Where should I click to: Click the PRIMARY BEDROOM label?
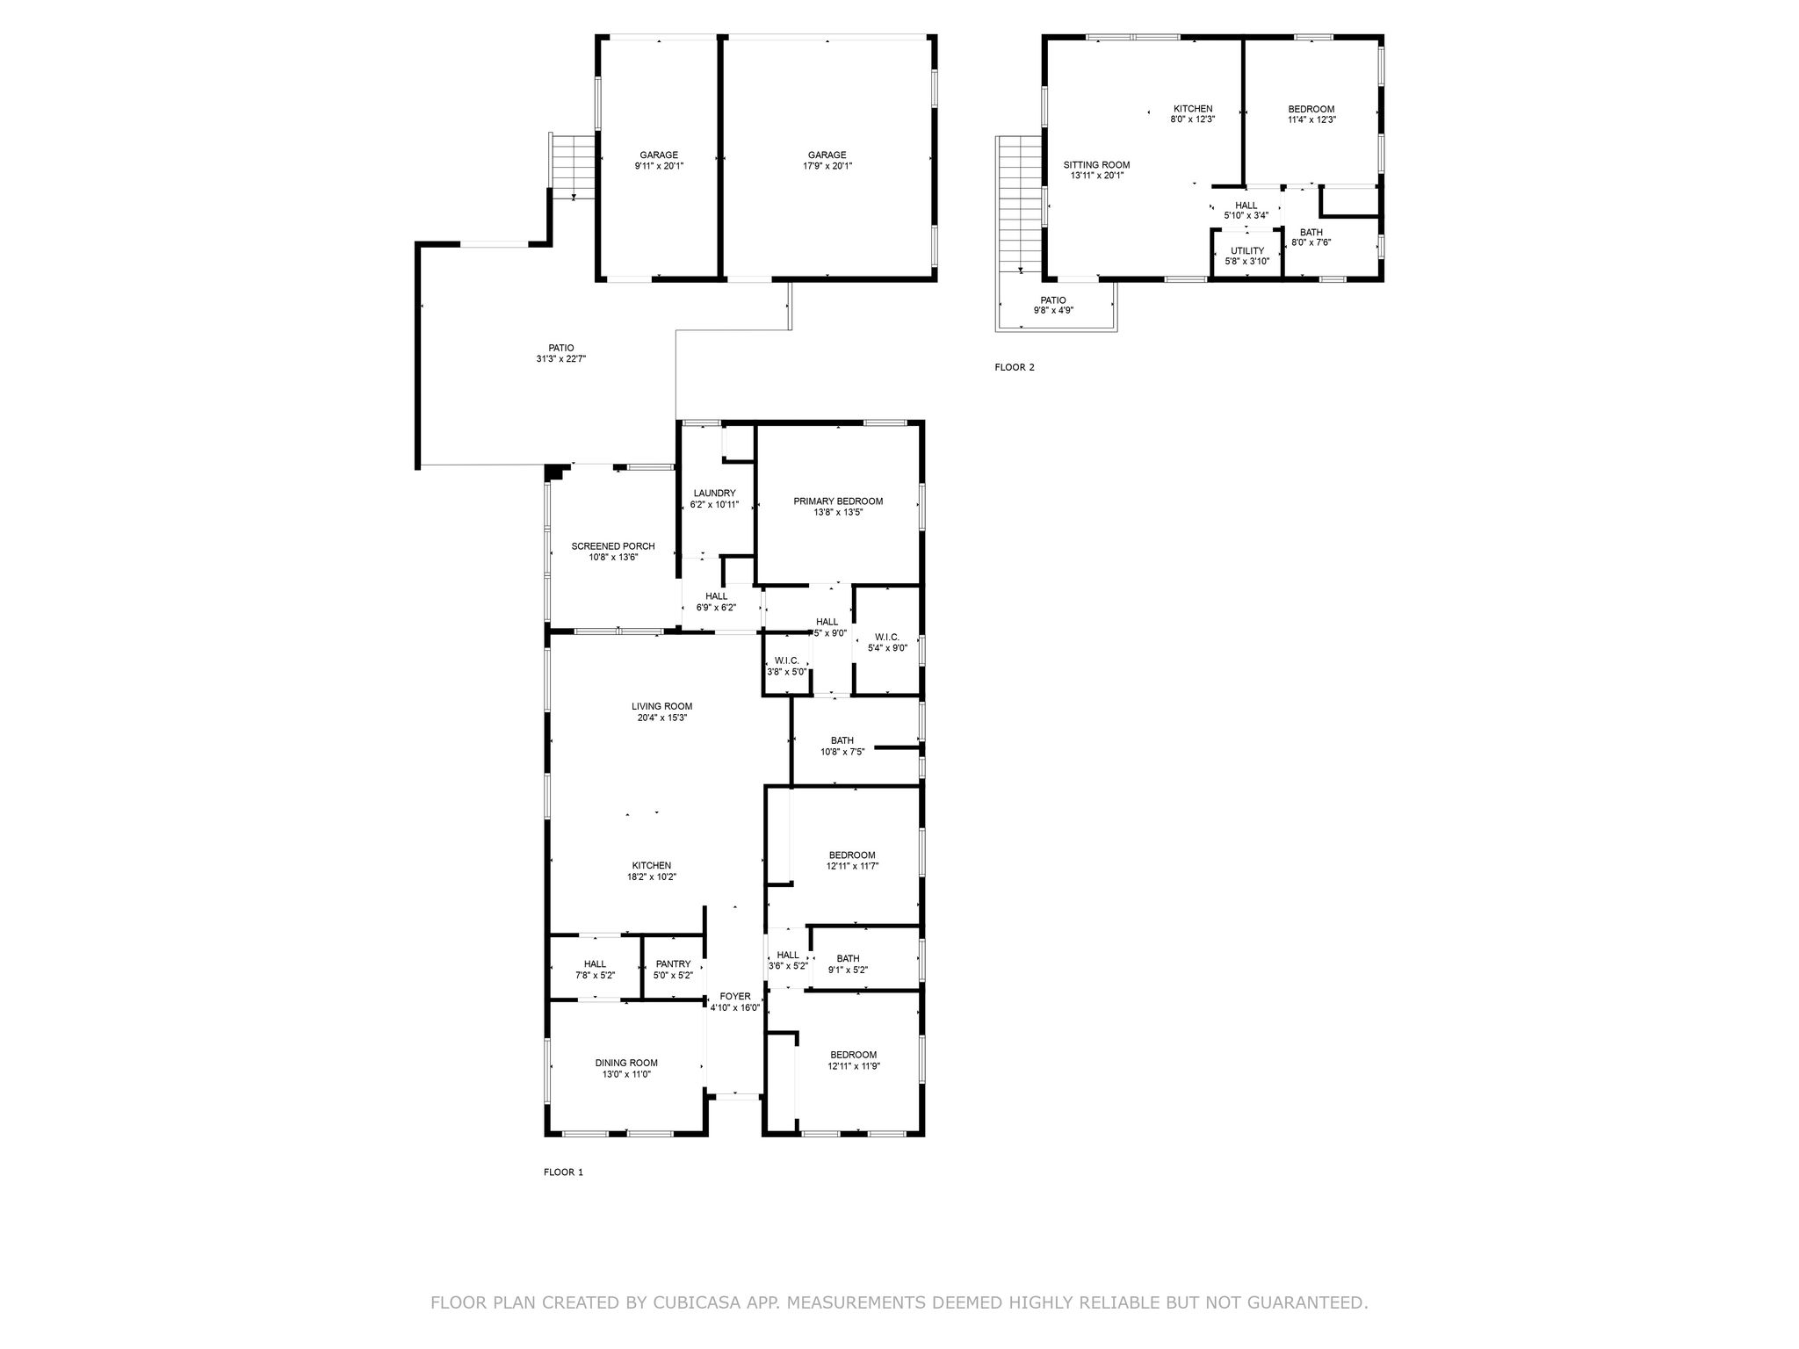[838, 501]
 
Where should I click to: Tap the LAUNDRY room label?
[714, 494]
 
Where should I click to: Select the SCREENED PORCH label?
[613, 546]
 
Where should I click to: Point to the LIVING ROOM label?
[661, 706]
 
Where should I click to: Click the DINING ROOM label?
[626, 1063]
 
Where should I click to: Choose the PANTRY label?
[674, 963]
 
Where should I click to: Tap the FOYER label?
[735, 996]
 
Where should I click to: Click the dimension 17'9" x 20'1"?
[827, 166]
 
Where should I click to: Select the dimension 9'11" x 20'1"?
[659, 166]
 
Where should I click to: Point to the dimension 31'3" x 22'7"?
[561, 358]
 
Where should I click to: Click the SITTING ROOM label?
[1096, 165]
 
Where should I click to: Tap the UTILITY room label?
[1247, 250]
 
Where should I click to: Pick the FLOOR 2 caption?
[1015, 367]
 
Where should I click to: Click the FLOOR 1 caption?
[563, 1172]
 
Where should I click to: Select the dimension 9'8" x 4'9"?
[1053, 311]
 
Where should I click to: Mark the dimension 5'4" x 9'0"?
[887, 648]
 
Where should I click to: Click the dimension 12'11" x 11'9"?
[854, 1066]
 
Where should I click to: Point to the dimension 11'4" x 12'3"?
[1311, 120]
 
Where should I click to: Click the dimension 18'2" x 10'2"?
[652, 876]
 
